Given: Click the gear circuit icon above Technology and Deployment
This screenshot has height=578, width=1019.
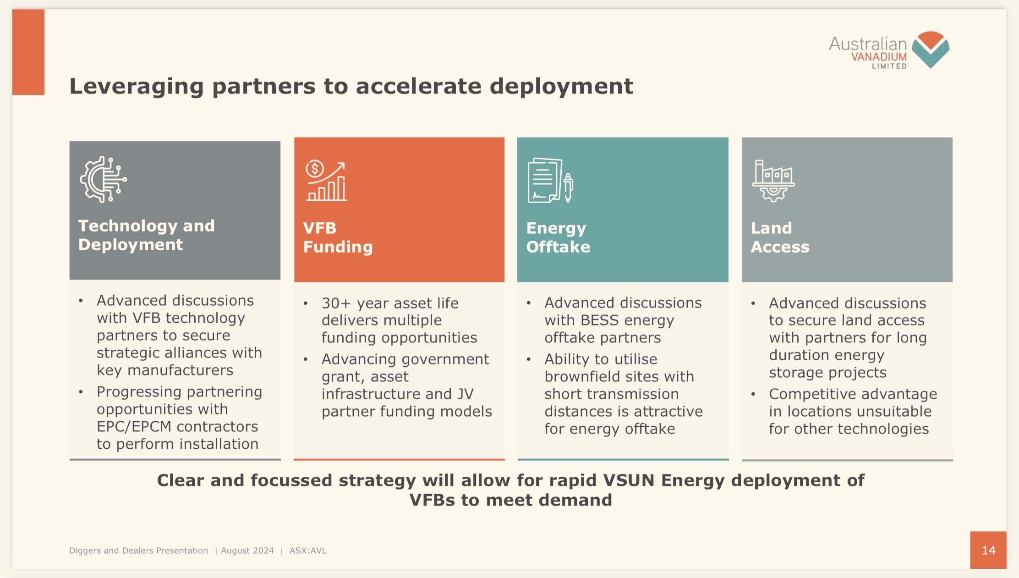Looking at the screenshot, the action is (104, 179).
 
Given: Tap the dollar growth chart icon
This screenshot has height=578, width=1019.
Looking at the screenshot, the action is (326, 181).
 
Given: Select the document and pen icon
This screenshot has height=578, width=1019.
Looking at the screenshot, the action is (550, 180).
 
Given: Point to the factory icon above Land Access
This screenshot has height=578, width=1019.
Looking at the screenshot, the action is (773, 181).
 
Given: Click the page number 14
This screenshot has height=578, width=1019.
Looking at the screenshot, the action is (989, 550).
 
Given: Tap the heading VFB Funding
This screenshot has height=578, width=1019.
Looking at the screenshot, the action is (338, 237).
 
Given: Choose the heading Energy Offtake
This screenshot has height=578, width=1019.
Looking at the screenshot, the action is (558, 237).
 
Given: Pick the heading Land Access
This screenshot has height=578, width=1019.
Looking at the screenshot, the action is (780, 237).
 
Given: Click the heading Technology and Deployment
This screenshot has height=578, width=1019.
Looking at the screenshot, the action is (146, 235).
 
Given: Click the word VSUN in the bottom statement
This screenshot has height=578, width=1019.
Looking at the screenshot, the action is (629, 480).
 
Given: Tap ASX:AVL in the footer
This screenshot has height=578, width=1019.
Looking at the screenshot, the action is (308, 550).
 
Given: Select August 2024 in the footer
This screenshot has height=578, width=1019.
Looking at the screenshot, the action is (247, 550).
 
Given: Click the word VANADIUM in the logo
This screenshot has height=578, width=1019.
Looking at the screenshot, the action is (879, 57).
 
